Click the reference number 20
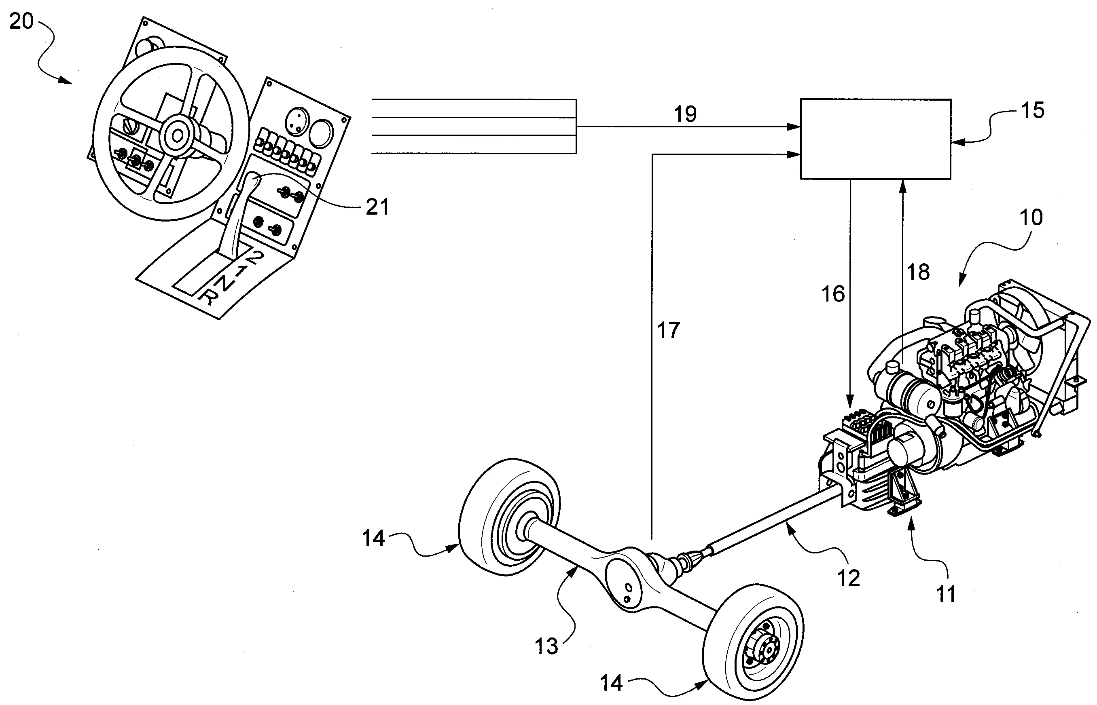pos(21,21)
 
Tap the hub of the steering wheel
pos(176,135)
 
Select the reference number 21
pos(377,207)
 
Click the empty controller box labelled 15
pos(875,139)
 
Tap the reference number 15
pos(1033,110)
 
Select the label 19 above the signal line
pos(685,114)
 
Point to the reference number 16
pos(833,294)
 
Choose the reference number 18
pos(918,272)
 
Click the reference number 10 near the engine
pos(1031,217)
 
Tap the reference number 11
pos(946,595)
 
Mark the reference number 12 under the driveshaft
pos(849,578)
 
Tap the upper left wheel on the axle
pos(509,516)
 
